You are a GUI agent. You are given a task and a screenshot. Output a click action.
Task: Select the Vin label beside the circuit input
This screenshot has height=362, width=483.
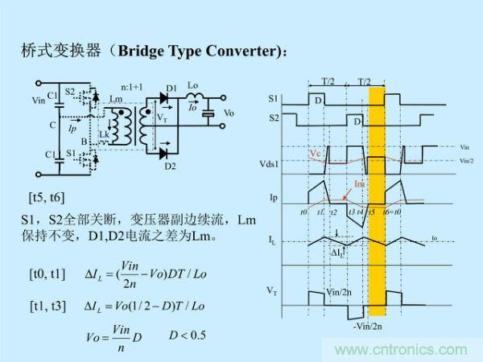(38, 101)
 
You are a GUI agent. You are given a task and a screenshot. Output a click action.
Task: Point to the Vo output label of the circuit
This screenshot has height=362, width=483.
(229, 113)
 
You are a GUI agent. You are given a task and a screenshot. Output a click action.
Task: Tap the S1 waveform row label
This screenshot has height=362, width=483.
(275, 98)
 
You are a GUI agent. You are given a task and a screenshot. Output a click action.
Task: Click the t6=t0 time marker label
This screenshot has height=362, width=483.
(392, 211)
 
